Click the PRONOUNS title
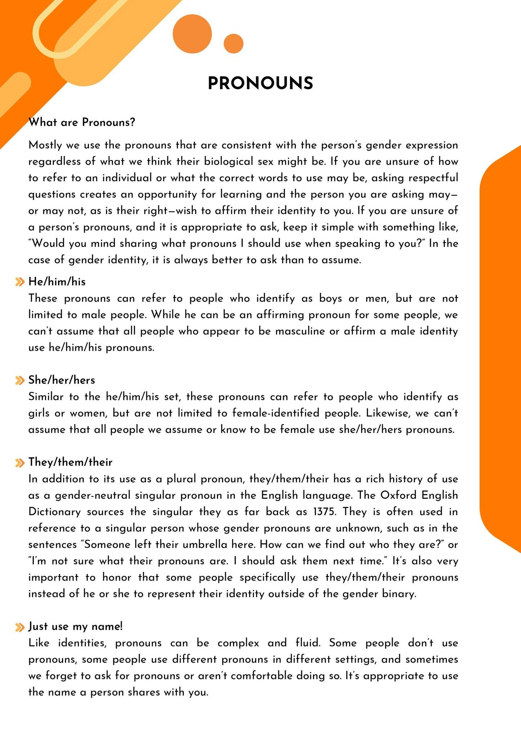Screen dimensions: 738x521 [260, 83]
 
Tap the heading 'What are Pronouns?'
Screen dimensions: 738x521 [82, 123]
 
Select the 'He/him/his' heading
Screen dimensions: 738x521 [57, 282]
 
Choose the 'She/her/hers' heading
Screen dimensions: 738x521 [62, 380]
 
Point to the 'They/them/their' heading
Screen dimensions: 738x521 [70, 462]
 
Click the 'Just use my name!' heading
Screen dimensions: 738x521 [76, 626]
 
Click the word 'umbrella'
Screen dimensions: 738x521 [206, 544]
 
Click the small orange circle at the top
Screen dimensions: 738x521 [233, 44]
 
